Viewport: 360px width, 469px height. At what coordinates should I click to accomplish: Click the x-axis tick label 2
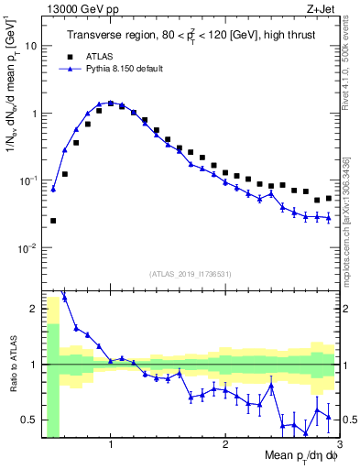(x=225, y=444)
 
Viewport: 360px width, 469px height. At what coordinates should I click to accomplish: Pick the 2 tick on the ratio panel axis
(x=33, y=309)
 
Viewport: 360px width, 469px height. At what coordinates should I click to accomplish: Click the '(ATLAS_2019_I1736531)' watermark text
(x=190, y=274)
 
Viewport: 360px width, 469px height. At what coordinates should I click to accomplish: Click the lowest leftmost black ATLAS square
(x=53, y=221)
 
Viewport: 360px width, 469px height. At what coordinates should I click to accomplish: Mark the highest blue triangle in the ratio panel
(x=64, y=297)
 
